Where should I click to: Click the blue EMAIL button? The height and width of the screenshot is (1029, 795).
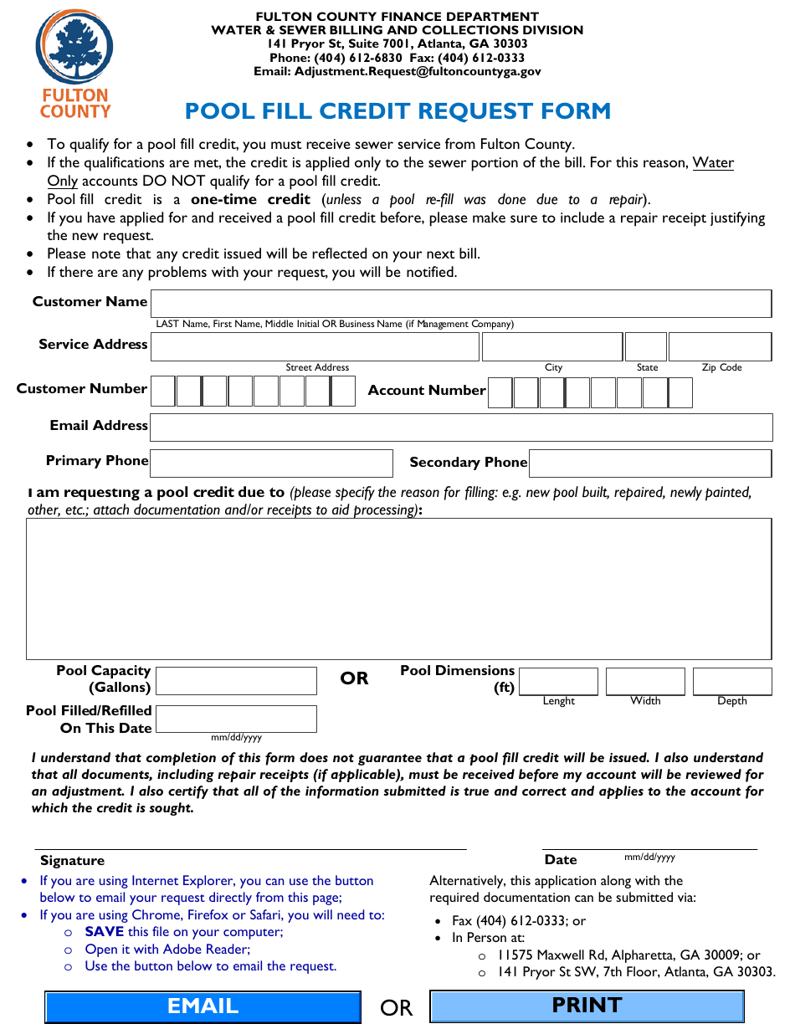tap(203, 1006)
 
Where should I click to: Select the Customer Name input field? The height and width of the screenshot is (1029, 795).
tap(460, 303)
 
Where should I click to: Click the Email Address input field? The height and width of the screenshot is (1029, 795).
tap(460, 427)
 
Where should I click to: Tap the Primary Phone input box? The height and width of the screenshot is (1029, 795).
tap(271, 463)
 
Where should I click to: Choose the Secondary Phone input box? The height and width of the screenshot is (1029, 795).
tap(650, 463)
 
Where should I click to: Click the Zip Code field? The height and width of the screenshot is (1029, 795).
tap(719, 346)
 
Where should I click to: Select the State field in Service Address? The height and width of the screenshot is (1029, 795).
tap(645, 346)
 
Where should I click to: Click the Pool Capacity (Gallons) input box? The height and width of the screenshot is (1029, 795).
tap(236, 680)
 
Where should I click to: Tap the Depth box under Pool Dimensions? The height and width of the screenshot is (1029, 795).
tap(731, 681)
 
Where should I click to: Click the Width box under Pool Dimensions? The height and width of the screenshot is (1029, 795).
tap(645, 681)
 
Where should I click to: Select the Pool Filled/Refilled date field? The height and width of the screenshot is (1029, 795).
tap(236, 719)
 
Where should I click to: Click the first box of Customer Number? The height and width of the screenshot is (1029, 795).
tap(162, 391)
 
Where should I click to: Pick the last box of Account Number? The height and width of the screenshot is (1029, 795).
tap(680, 392)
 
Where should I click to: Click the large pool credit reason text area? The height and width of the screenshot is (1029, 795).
tap(398, 588)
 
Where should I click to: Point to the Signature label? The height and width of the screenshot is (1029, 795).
tap(72, 860)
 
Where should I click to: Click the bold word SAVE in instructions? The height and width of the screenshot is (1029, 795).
tap(105, 931)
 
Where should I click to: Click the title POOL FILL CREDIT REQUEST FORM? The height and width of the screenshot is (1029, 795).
tap(397, 111)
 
